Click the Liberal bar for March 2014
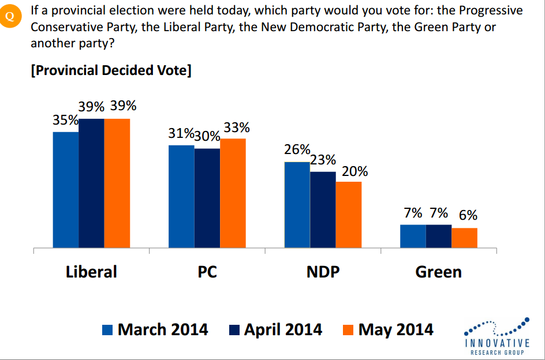tap(66, 190)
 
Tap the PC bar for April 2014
tap(207, 198)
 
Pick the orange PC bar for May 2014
tap(233, 193)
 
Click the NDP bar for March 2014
tap(297, 205)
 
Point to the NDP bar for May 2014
tap(348, 215)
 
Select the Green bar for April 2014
tap(438, 236)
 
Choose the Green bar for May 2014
tap(464, 238)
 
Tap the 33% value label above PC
tap(236, 127)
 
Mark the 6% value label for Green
tap(468, 215)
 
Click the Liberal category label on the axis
tap(91, 272)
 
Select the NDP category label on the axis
tap(323, 272)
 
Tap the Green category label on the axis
tap(438, 272)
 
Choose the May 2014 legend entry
tap(388, 329)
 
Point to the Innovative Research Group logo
tap(497, 336)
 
